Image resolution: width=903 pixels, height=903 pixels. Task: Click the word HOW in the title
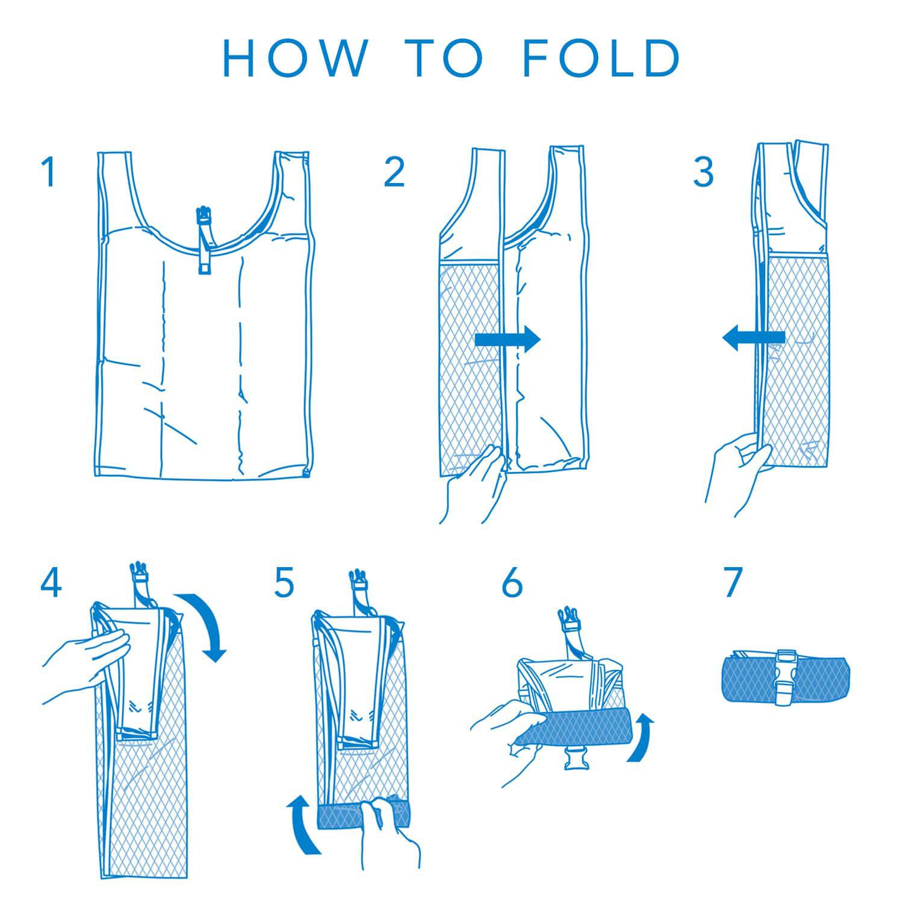point(294,58)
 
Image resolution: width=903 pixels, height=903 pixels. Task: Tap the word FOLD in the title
point(601,58)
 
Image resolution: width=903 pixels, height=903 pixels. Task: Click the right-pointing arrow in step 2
point(508,340)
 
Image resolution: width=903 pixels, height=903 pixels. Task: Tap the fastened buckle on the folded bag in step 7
point(786,677)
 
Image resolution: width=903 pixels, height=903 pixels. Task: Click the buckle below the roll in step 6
point(574,760)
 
